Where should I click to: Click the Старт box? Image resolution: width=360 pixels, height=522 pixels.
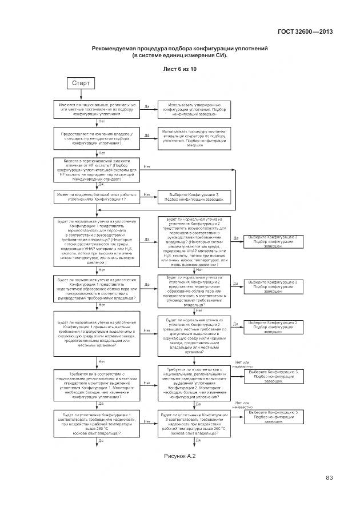81,84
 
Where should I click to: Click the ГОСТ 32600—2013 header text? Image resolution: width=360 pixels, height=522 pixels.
305,32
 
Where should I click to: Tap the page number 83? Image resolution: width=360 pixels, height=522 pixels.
330,478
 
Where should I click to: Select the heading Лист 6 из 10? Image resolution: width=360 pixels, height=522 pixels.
179,69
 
